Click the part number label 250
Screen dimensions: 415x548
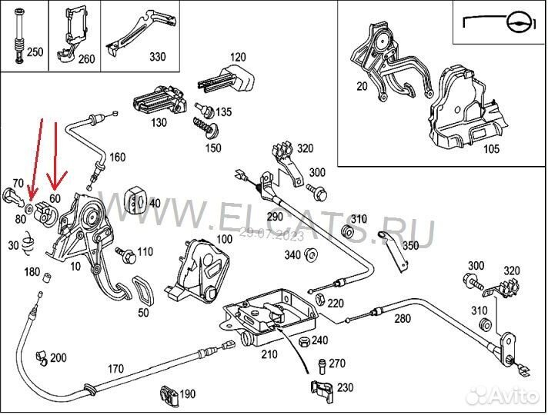(x=35, y=53)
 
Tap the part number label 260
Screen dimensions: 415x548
(x=85, y=58)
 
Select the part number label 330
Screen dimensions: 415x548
(x=157, y=57)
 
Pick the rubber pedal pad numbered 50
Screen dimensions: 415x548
(x=144, y=290)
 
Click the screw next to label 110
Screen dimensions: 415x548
(x=126, y=252)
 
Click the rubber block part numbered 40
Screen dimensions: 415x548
(x=137, y=201)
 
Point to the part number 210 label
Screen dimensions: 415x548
(x=269, y=355)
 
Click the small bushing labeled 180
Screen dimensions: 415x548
(x=46, y=278)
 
